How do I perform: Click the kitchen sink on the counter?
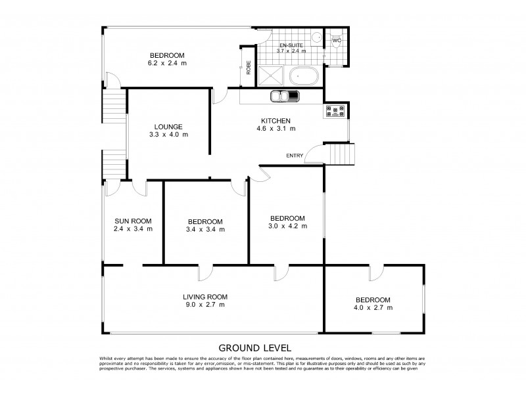tap(284, 97)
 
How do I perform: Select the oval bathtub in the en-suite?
tap(303, 76)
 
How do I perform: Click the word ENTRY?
tap(295, 155)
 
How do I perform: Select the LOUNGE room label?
tap(168, 127)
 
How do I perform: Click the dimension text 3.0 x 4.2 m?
tap(287, 227)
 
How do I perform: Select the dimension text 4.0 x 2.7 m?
tap(373, 307)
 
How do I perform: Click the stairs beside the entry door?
tap(341, 156)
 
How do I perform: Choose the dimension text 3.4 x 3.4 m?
tap(205, 230)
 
